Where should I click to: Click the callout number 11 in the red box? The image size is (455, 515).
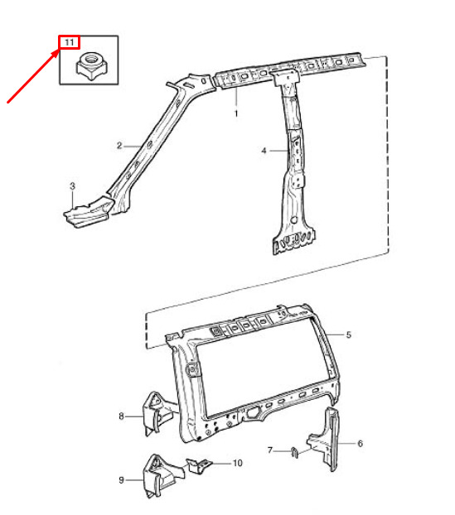click(70, 42)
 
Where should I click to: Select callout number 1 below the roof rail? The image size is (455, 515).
click(236, 113)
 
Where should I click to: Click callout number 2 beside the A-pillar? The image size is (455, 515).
click(119, 145)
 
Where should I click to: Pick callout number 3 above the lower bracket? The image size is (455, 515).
click(72, 186)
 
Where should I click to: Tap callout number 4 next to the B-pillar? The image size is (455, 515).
click(264, 151)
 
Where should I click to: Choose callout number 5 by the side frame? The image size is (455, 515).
click(349, 335)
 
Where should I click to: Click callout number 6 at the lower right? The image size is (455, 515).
click(360, 444)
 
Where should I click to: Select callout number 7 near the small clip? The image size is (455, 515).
click(270, 450)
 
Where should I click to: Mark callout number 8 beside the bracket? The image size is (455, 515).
click(121, 416)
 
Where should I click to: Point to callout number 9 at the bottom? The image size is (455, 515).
click(121, 480)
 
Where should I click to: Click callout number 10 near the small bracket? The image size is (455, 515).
click(238, 463)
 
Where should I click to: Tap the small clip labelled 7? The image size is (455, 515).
click(295, 453)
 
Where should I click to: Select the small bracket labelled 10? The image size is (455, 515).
click(199, 465)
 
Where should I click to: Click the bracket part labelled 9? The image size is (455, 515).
click(161, 474)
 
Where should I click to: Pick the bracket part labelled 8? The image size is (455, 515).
click(157, 413)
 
